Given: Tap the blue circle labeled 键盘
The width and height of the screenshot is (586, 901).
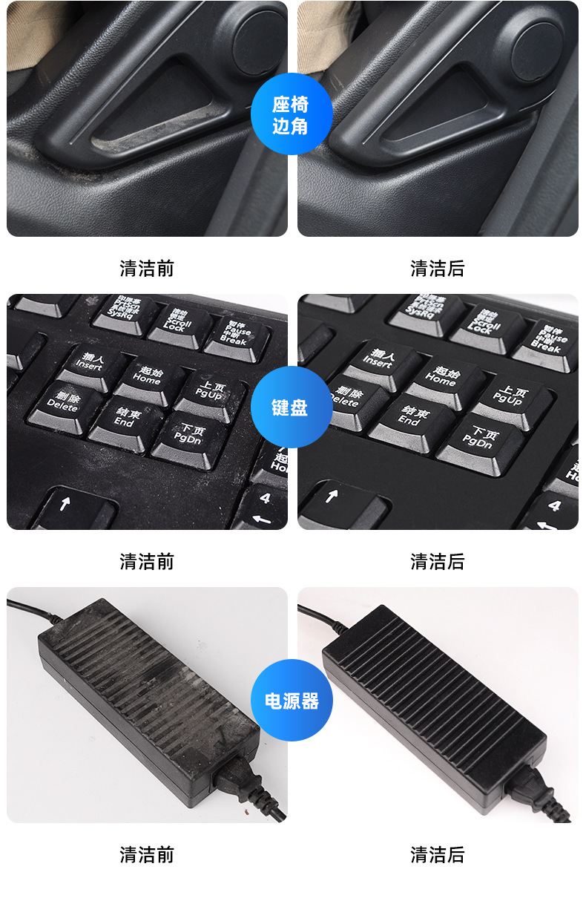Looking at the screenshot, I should [x=290, y=407].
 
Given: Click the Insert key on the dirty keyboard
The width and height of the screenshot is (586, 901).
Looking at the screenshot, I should [x=90, y=362].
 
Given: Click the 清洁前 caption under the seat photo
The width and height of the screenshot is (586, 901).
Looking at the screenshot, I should [x=147, y=268].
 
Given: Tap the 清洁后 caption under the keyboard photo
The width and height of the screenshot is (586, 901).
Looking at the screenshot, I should [x=438, y=561].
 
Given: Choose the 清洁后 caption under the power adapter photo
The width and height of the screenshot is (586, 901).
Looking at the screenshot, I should [x=438, y=854].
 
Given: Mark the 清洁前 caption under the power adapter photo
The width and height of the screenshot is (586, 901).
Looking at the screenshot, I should [x=147, y=854].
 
